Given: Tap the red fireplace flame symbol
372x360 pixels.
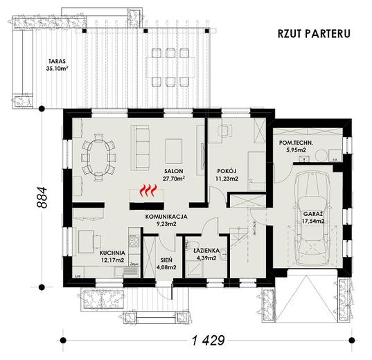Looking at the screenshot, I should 145,190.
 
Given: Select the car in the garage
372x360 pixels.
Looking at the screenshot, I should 314,214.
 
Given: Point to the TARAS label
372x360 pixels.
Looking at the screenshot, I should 48,61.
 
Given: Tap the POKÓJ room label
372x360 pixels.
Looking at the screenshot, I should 227,170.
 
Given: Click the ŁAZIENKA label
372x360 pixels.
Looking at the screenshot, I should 206,250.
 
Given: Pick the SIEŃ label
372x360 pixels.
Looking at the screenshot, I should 166,258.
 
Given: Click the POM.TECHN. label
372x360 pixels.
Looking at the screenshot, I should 296,143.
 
